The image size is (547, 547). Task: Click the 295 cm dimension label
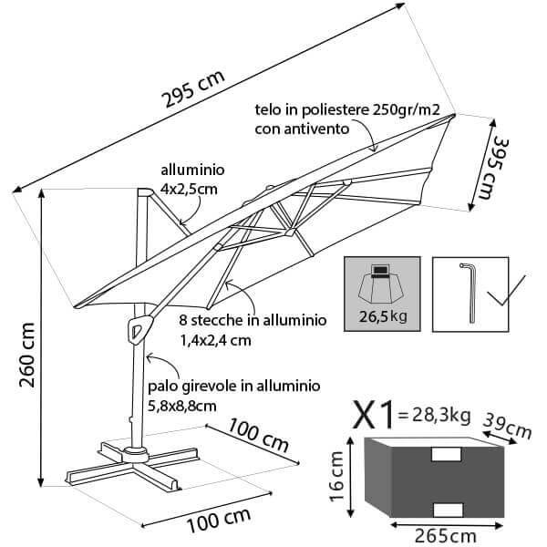coord(194,89)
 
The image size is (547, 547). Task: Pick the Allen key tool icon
coord(470,290)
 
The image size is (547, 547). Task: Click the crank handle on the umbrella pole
coord(139,327)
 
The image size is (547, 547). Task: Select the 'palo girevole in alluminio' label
coord(232,387)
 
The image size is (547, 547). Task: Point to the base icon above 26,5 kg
coord(383,284)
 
